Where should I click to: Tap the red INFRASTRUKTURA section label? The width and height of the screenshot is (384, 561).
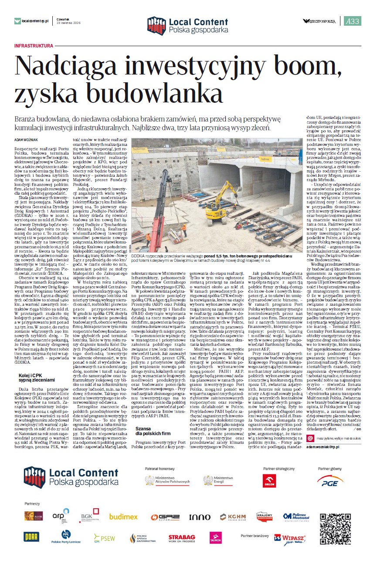[34, 46]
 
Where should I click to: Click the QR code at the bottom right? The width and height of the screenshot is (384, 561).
[335, 527]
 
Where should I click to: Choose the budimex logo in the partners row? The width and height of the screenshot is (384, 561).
[123, 517]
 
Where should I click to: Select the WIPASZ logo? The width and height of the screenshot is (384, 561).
[289, 538]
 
